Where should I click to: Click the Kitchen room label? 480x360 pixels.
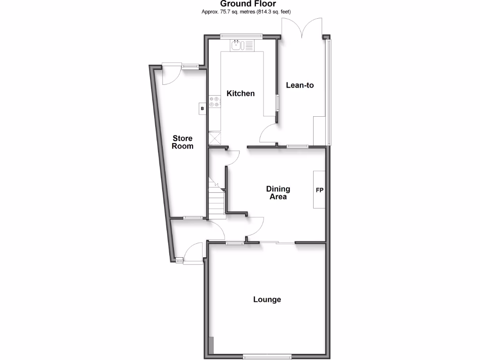click(x=240, y=93)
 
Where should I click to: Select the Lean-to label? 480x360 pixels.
click(x=300, y=85)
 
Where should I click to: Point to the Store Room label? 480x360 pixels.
click(x=182, y=142)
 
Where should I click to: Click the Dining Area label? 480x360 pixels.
click(x=278, y=193)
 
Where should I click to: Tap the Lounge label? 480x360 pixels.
click(x=267, y=299)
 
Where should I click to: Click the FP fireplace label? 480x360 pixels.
click(x=320, y=190)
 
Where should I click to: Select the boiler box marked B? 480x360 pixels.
click(x=202, y=108)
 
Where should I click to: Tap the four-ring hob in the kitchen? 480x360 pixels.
click(x=215, y=102)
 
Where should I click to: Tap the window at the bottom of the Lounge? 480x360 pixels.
click(x=267, y=356)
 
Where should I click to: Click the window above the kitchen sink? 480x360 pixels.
click(x=242, y=35)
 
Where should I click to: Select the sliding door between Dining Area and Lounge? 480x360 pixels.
click(x=277, y=242)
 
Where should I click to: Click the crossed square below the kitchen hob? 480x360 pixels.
click(x=216, y=139)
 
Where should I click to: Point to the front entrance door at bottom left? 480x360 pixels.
click(x=194, y=253)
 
